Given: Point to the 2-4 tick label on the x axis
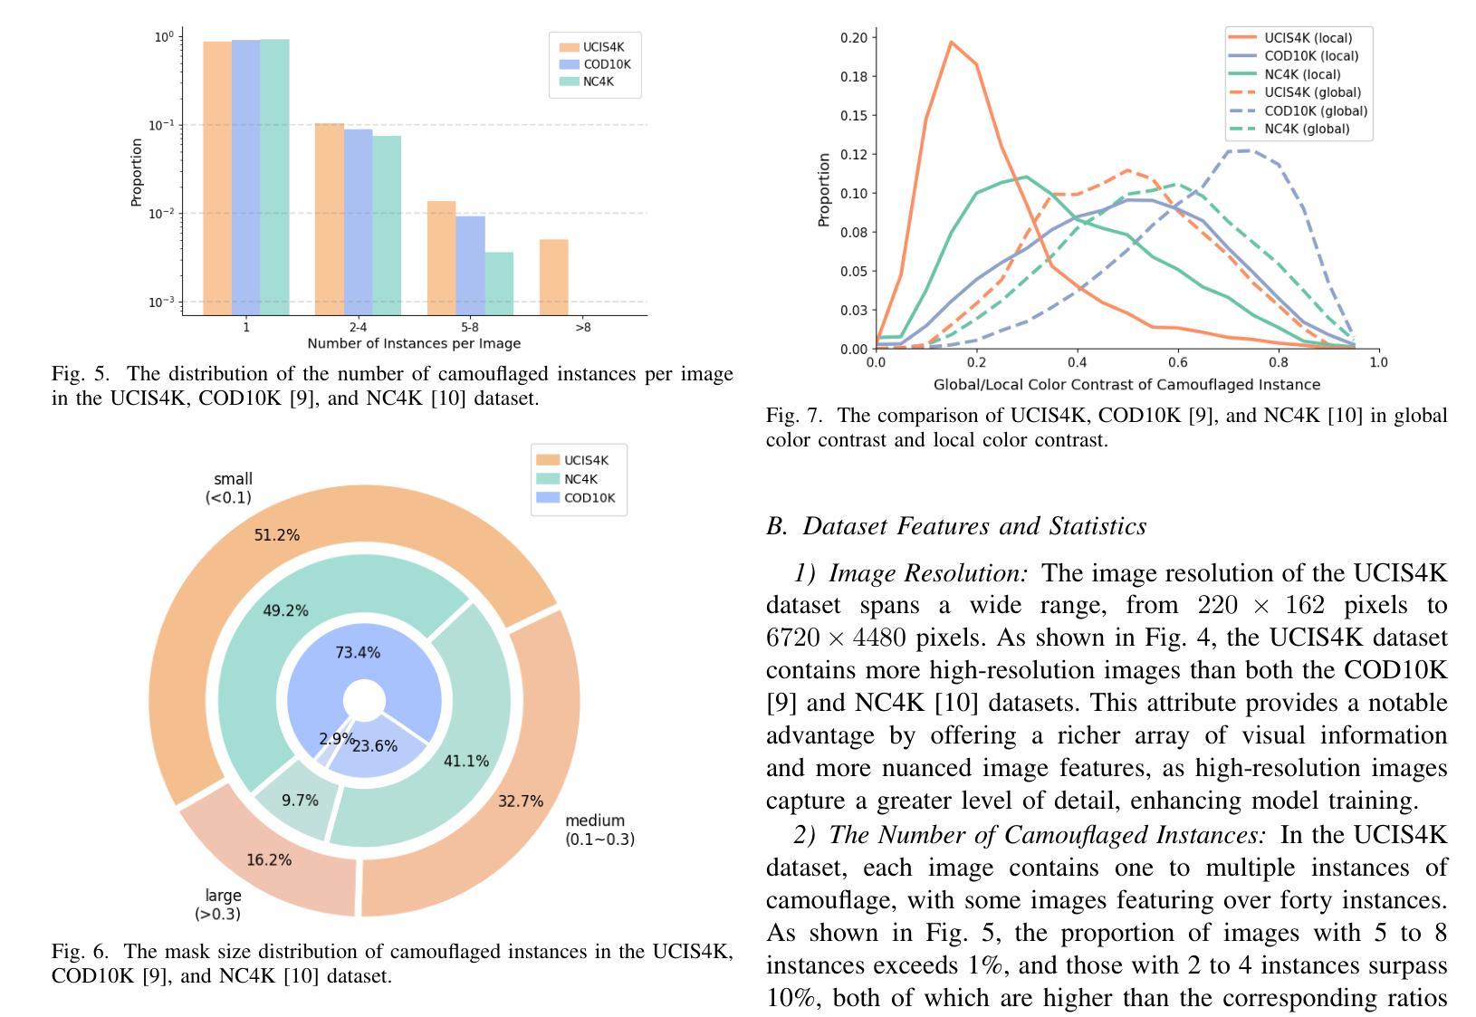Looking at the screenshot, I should click(358, 327).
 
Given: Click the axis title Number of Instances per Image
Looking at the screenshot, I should click(414, 343).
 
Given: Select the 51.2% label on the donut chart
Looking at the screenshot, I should click(276, 535).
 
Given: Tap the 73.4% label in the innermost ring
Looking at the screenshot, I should click(358, 652).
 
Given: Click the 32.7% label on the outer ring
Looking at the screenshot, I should click(521, 801).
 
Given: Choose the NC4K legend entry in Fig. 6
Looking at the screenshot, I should click(580, 479).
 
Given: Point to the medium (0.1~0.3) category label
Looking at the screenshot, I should click(599, 830).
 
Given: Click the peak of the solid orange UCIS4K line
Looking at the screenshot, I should click(951, 42).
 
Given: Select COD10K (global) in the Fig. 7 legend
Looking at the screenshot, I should click(1315, 110).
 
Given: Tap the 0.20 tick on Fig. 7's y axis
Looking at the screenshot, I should click(854, 37).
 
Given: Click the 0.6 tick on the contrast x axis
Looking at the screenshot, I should click(1177, 362).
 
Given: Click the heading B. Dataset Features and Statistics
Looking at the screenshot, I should click(956, 526).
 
